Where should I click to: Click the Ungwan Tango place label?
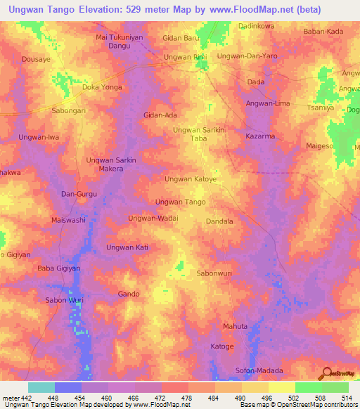point(180,202)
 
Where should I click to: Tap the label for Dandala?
point(219,221)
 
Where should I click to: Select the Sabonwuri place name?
point(214,273)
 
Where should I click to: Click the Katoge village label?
point(222,346)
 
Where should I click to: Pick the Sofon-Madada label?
point(259,370)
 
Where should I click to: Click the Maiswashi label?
point(67,221)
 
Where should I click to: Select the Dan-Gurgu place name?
point(78,193)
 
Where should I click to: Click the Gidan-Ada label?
point(160,115)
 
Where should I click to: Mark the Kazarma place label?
point(260,135)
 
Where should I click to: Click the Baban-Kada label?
point(323,32)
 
